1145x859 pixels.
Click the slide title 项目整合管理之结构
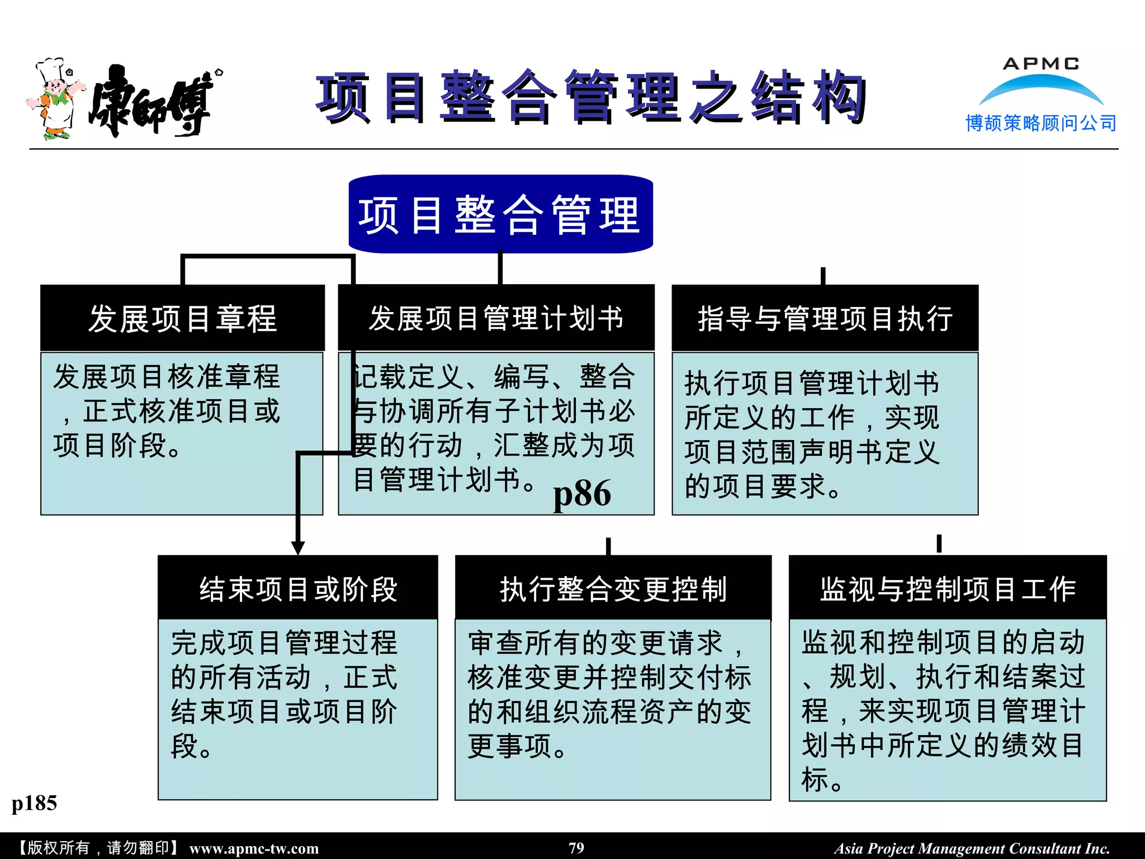click(x=591, y=98)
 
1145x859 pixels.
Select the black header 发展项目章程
click(x=182, y=318)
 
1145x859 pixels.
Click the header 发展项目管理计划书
click(x=496, y=318)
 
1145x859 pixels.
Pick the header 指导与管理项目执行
click(x=825, y=319)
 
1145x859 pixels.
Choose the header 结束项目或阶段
click(x=298, y=588)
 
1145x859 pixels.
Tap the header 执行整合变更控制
click(x=613, y=589)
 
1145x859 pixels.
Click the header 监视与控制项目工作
click(x=948, y=589)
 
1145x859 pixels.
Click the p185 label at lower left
click(x=34, y=804)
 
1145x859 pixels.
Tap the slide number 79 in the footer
click(x=576, y=848)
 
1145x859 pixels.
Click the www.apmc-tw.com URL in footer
click(x=254, y=848)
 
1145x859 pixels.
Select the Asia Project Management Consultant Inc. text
click(x=972, y=848)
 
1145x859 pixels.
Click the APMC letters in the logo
click(x=1041, y=64)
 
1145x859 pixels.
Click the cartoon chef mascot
click(x=54, y=99)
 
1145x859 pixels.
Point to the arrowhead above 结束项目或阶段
click(x=298, y=547)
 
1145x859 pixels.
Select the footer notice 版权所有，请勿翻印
click(x=98, y=848)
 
